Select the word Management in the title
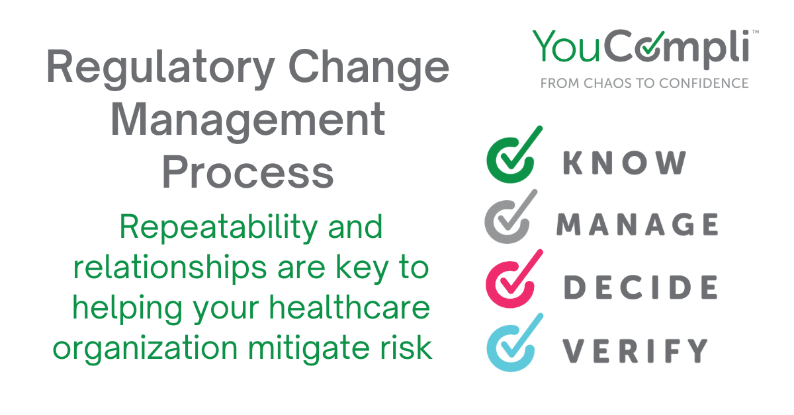(x=248, y=122)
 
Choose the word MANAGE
(x=637, y=225)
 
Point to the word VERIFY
(x=635, y=350)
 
